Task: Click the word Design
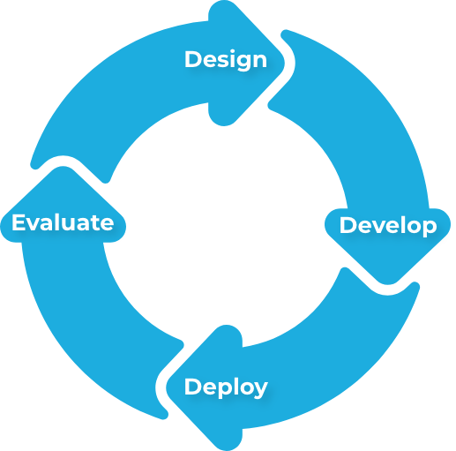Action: [x=226, y=60]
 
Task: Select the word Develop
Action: [x=388, y=226]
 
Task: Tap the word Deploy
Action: [x=226, y=387]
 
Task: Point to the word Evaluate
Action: [x=63, y=222]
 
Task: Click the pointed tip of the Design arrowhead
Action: [x=284, y=63]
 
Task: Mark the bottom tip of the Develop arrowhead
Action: [x=387, y=284]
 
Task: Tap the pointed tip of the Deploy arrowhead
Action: [x=167, y=387]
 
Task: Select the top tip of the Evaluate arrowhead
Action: [x=63, y=167]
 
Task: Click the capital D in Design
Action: [x=193, y=59]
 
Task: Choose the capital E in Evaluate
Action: [x=19, y=222]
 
